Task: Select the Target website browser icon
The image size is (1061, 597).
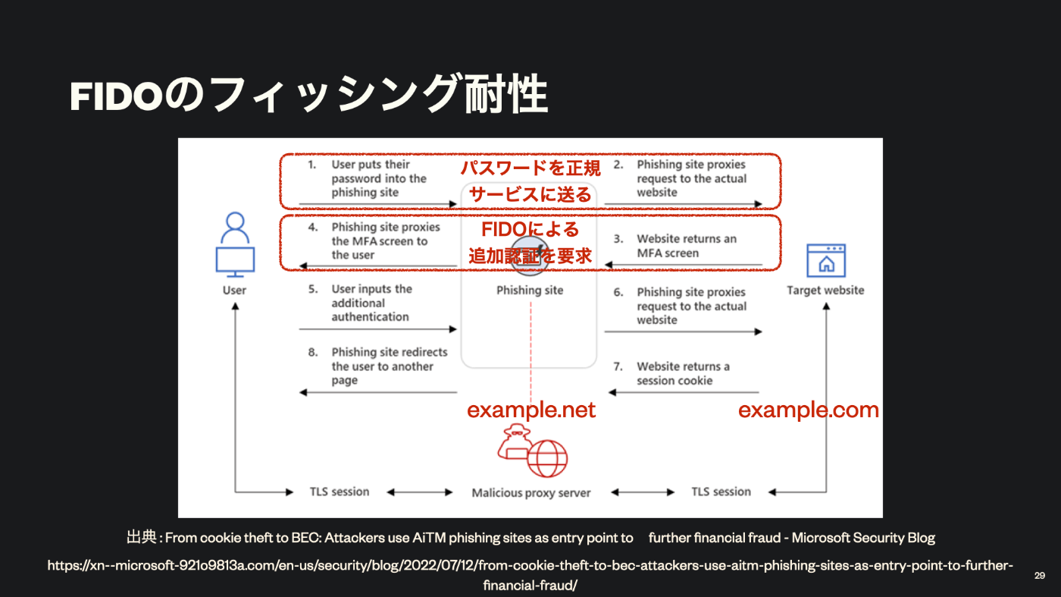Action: click(825, 260)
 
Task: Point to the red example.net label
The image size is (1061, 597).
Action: click(531, 410)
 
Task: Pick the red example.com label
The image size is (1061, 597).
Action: click(808, 410)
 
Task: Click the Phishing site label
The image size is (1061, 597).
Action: click(530, 290)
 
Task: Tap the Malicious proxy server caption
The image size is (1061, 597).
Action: click(530, 492)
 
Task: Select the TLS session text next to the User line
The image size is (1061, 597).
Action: click(340, 492)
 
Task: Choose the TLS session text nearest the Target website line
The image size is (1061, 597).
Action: click(721, 492)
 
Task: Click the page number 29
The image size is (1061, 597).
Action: click(1039, 576)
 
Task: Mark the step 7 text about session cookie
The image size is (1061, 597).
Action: click(682, 373)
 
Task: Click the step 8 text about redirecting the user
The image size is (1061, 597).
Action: click(389, 366)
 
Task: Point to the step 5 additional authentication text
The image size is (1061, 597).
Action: click(371, 303)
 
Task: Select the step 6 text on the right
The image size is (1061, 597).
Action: click(690, 306)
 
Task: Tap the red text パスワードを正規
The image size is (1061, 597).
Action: click(530, 168)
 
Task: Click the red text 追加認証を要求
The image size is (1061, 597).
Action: click(530, 256)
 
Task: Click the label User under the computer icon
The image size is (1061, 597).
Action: click(234, 290)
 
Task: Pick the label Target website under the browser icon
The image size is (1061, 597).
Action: click(825, 290)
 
